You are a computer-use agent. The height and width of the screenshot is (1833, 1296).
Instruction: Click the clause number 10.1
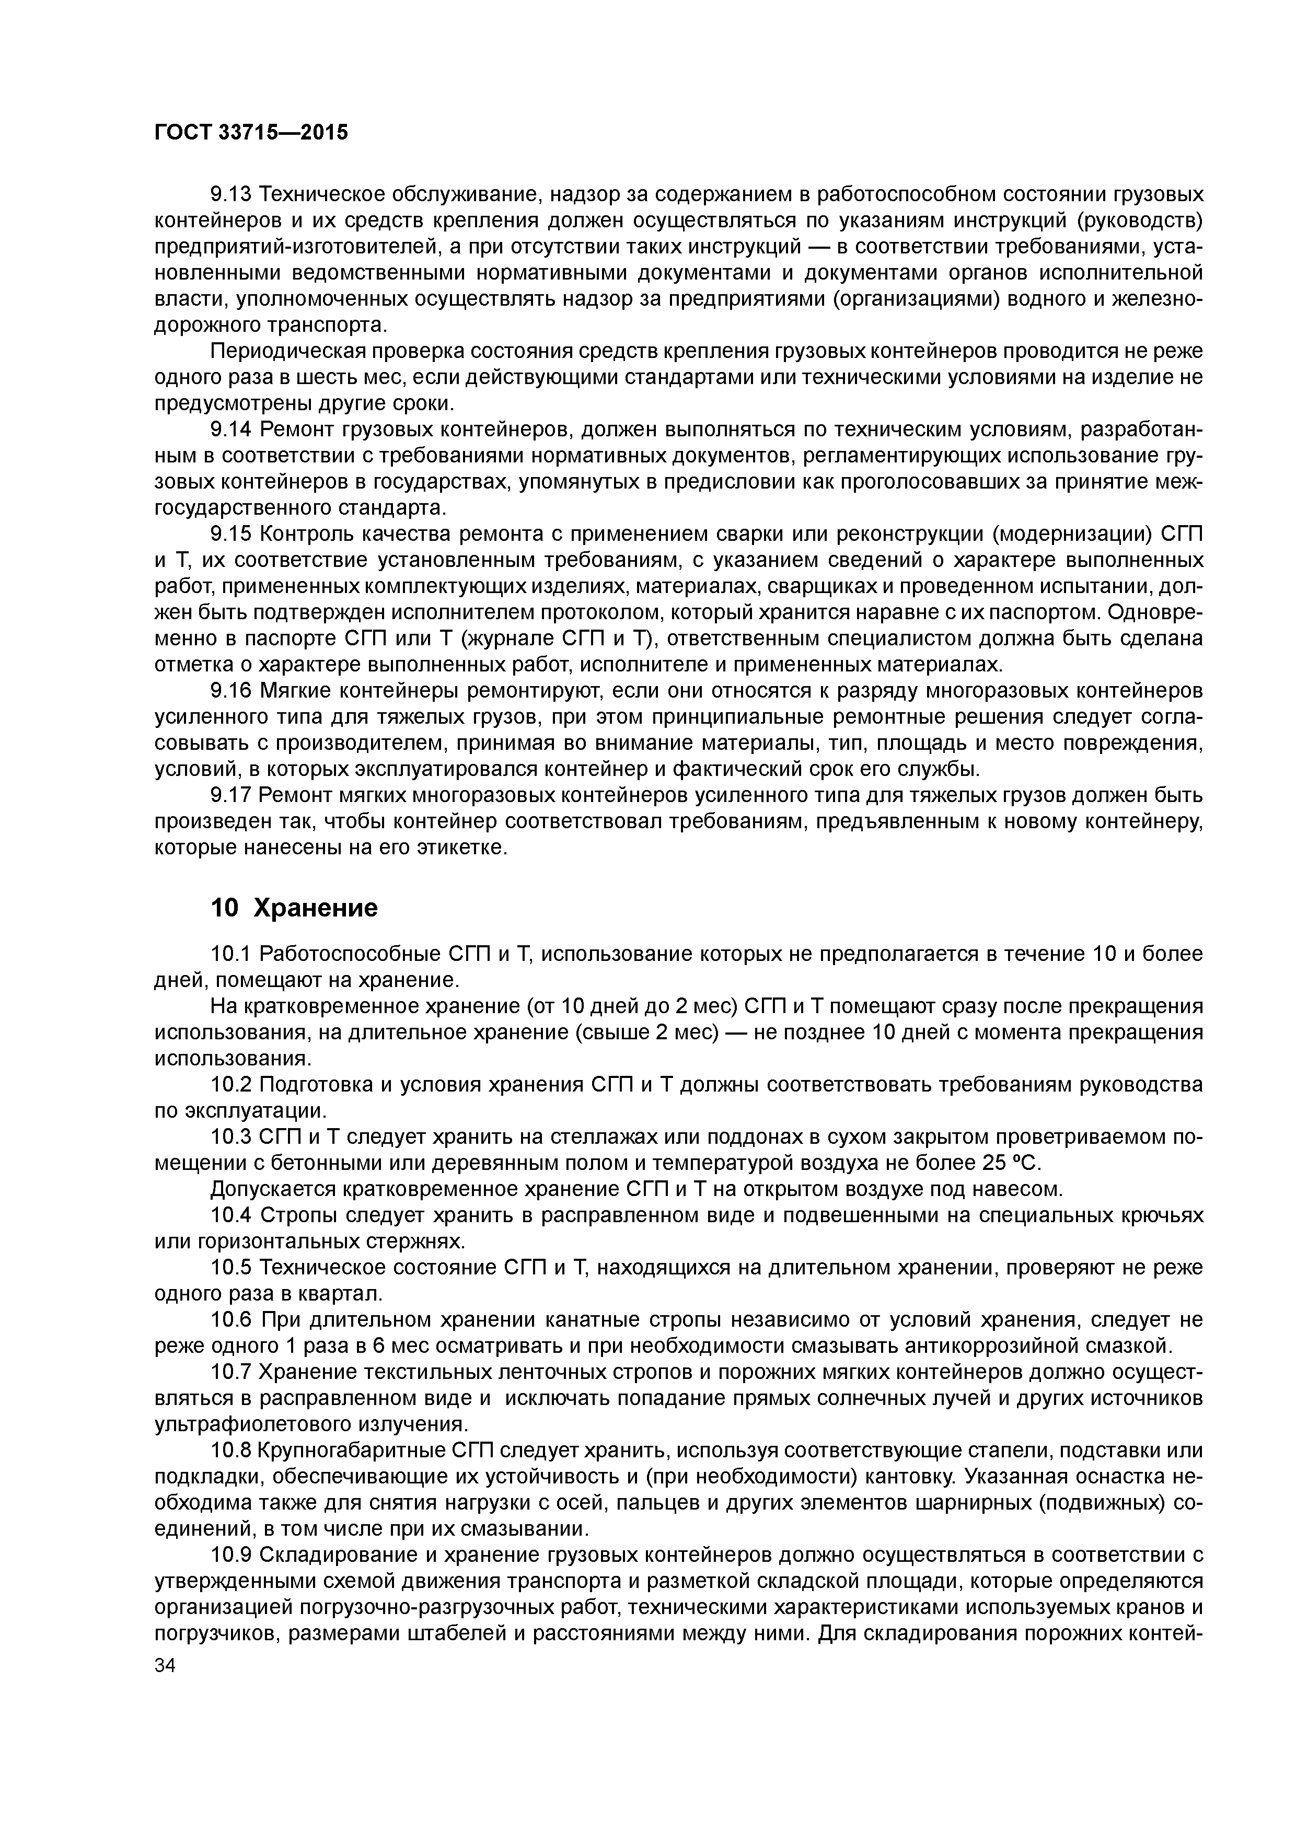pos(231,954)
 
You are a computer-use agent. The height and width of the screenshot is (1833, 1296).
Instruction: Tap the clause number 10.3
pos(231,1137)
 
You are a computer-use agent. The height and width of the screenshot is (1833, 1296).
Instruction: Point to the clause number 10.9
pos(231,1554)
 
